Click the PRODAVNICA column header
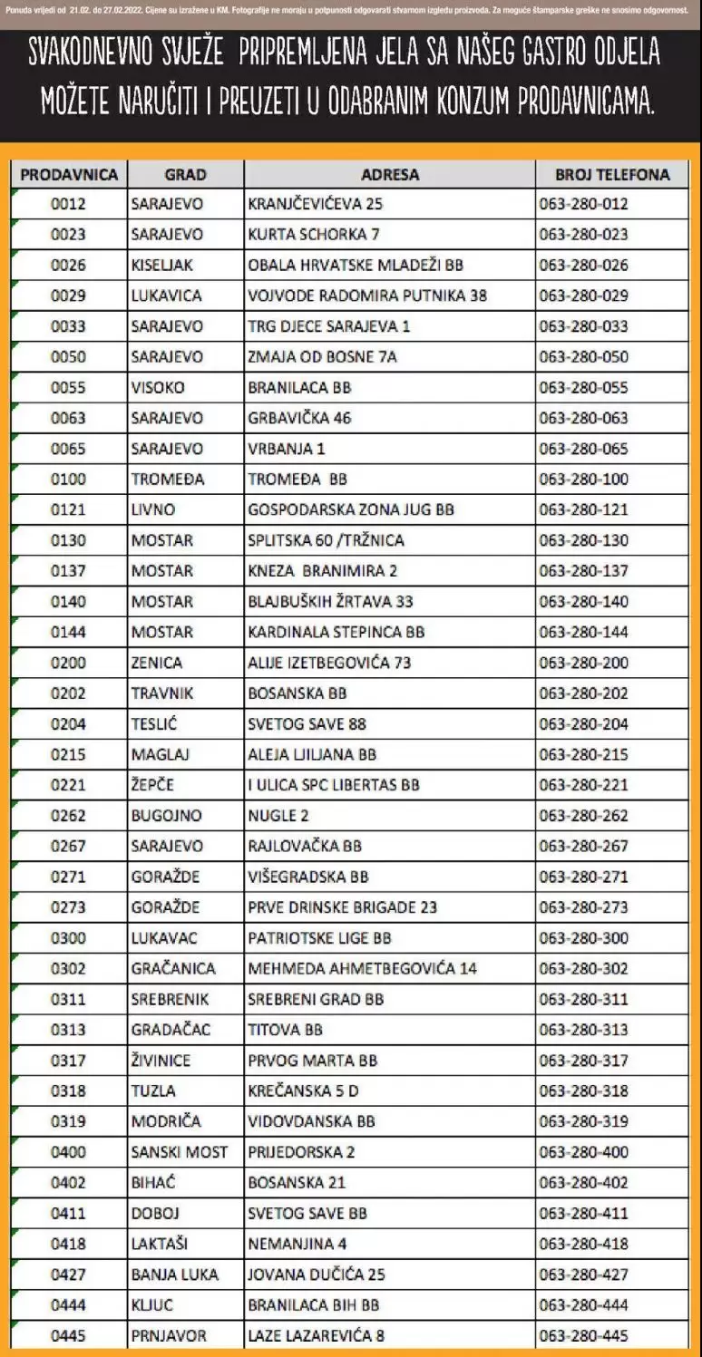69,174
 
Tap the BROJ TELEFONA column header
613,174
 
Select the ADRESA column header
390,174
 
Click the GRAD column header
185,174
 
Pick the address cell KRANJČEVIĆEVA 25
315,204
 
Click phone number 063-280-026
583,265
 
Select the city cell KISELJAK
162,265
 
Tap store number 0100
68,479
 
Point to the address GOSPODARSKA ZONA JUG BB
350,509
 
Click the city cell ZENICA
156,663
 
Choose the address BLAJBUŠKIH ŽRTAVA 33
330,601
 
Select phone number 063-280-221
583,785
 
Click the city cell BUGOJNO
166,816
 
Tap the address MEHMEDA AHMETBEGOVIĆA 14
362,968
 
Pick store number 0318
68,1090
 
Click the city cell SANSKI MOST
180,1152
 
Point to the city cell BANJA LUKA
174,1275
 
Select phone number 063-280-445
583,1336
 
